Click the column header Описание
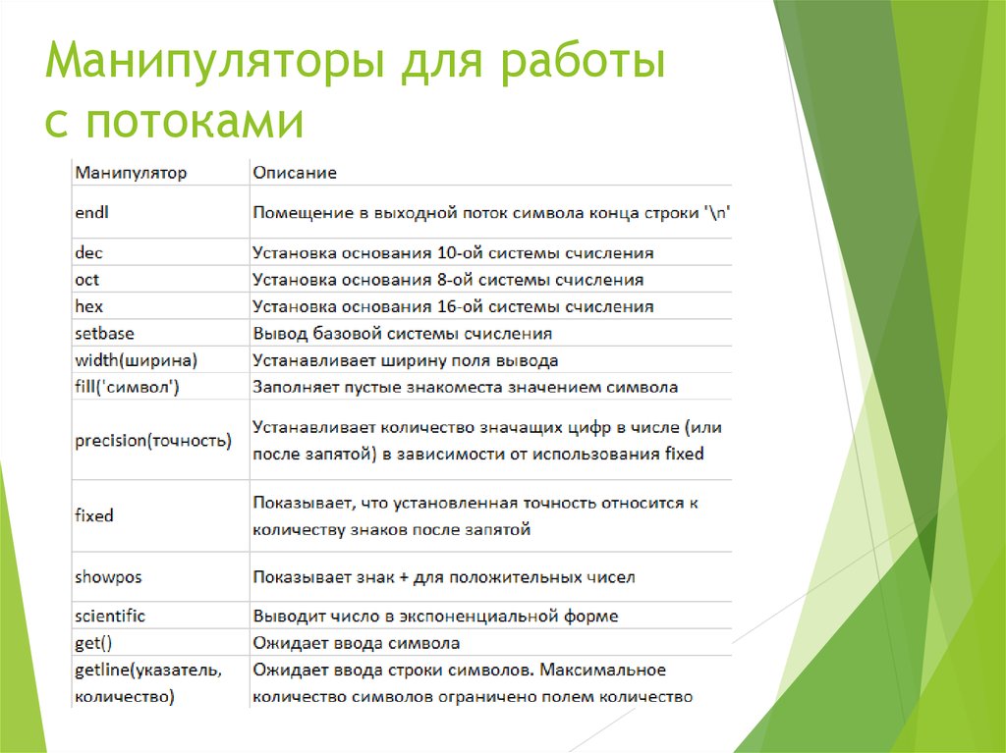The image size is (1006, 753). (x=294, y=173)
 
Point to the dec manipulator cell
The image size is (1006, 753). (x=88, y=253)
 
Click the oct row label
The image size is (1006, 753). (x=86, y=280)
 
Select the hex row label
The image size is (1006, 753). (x=88, y=306)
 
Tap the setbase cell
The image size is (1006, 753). (x=104, y=333)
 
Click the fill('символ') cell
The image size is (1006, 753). (x=127, y=387)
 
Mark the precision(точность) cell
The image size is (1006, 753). (x=153, y=441)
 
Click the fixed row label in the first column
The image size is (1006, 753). (x=94, y=515)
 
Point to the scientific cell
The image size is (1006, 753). (x=110, y=616)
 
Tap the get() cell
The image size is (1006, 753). (x=94, y=643)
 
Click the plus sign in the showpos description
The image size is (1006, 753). (x=404, y=577)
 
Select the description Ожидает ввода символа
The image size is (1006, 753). (x=356, y=643)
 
